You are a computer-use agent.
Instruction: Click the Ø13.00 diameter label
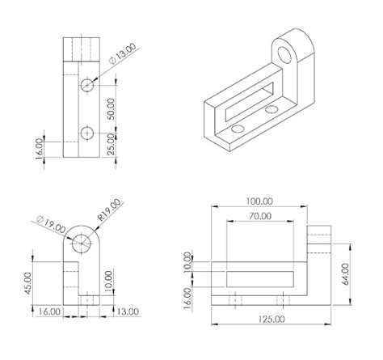(123, 56)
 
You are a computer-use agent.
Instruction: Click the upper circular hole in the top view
(88, 85)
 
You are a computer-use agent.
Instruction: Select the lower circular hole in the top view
(88, 133)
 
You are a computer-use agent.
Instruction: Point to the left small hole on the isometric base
(235, 129)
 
